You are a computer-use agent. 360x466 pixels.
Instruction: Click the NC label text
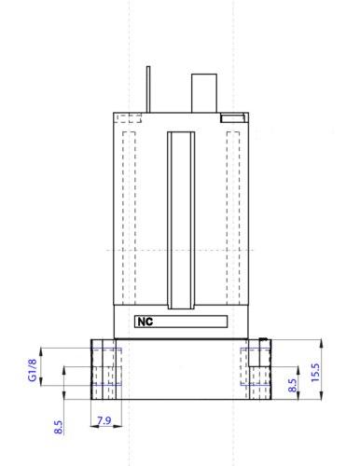coord(145,322)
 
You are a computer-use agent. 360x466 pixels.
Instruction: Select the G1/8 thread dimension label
coord(33,370)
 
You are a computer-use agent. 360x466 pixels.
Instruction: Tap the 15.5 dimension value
coord(315,373)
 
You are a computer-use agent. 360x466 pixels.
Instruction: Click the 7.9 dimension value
coord(104,420)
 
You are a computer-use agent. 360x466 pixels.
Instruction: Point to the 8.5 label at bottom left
coord(58,427)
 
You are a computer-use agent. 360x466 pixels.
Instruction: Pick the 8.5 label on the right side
coord(292,385)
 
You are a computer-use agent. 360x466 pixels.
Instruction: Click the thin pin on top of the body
coord(148,89)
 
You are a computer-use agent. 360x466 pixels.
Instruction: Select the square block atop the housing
coord(204,93)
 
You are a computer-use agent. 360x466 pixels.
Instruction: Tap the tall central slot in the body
coord(181,220)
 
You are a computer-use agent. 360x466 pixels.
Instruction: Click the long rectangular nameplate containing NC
coord(181,322)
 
